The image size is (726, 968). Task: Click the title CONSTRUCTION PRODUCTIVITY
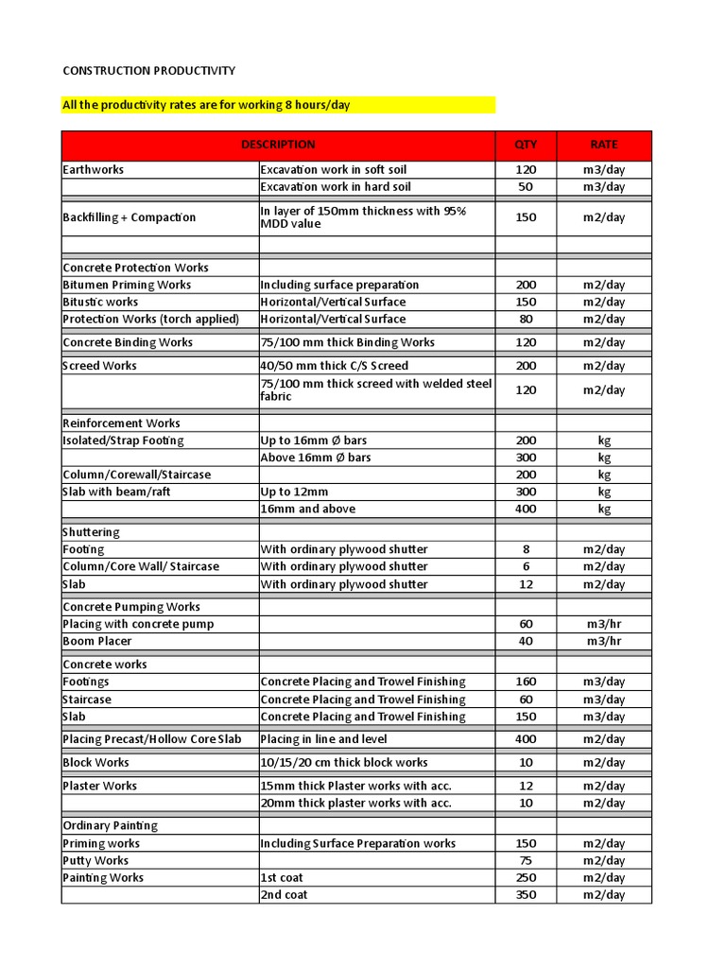[x=148, y=71]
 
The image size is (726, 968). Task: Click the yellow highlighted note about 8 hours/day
[x=206, y=104]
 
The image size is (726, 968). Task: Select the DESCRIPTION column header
[x=278, y=145]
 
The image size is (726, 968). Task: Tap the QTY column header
[x=526, y=145]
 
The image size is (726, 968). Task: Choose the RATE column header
[x=604, y=145]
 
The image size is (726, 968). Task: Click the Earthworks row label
[x=94, y=170]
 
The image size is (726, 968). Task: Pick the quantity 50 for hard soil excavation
[x=526, y=187]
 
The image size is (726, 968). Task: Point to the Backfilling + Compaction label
[x=130, y=217]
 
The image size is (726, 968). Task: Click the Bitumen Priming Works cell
[x=127, y=285]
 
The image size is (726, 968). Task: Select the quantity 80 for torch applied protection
[x=526, y=319]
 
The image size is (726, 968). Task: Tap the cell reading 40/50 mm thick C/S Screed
[x=334, y=366]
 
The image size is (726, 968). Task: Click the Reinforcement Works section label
[x=121, y=423]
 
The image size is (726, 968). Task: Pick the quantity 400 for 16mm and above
[x=526, y=509]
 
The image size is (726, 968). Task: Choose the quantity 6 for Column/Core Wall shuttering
[x=526, y=566]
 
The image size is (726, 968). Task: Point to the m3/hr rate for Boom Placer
[x=604, y=641]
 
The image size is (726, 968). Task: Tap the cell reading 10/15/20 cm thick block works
[x=344, y=763]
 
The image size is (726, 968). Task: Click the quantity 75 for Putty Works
[x=526, y=860]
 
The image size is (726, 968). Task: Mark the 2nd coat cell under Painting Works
[x=284, y=894]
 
